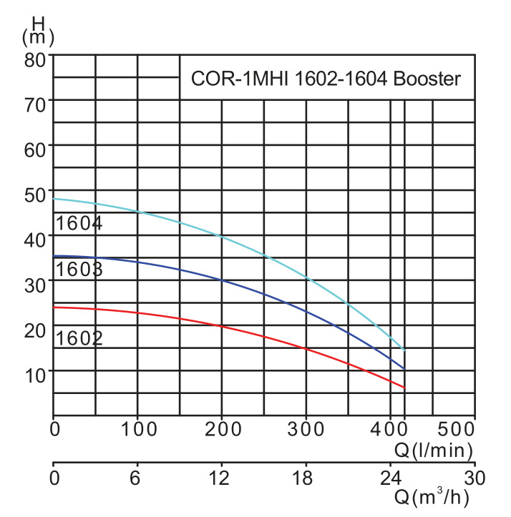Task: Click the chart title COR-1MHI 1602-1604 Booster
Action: (325, 79)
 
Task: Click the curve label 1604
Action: (79, 223)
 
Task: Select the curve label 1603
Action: (79, 270)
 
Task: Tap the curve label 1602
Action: (79, 338)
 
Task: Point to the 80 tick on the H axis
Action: (35, 57)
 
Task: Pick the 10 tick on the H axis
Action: (35, 372)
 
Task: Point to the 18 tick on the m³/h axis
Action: (306, 476)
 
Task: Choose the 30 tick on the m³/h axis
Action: (474, 476)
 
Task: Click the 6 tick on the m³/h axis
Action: (137, 476)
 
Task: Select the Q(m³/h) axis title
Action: (434, 496)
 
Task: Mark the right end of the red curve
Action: (405, 388)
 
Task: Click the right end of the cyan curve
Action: (405, 350)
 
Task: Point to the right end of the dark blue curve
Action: (405, 369)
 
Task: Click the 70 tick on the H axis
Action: (35, 102)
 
